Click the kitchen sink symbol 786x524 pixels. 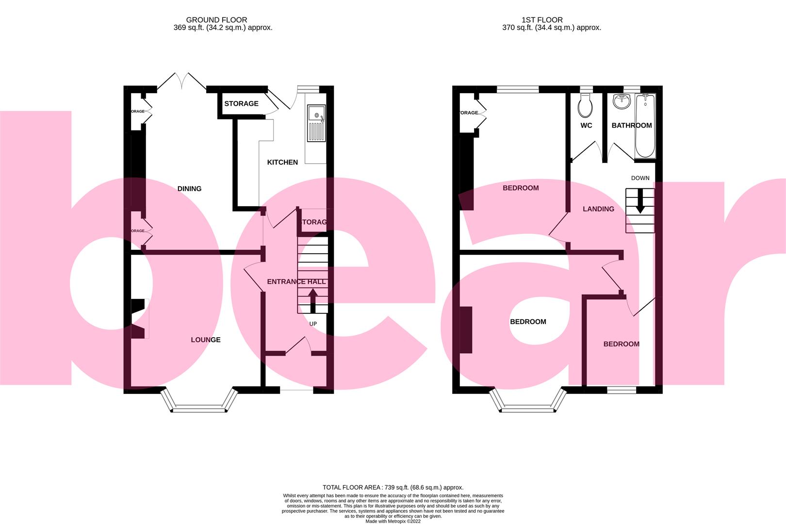[316, 123]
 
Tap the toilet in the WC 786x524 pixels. [586, 105]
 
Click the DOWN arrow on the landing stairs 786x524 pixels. [640, 200]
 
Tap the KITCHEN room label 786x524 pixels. [282, 162]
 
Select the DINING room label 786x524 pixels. [189, 189]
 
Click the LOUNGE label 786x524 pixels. [206, 340]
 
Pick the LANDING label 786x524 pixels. [598, 209]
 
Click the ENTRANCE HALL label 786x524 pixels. [296, 281]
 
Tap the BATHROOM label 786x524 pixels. [631, 125]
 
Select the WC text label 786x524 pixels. [586, 125]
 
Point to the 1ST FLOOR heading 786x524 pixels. [542, 20]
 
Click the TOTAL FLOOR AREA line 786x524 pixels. [393, 487]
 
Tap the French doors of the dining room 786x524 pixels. [182, 82]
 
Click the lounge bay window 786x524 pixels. [199, 408]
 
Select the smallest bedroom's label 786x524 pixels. [621, 344]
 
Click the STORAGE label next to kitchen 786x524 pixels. [241, 103]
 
